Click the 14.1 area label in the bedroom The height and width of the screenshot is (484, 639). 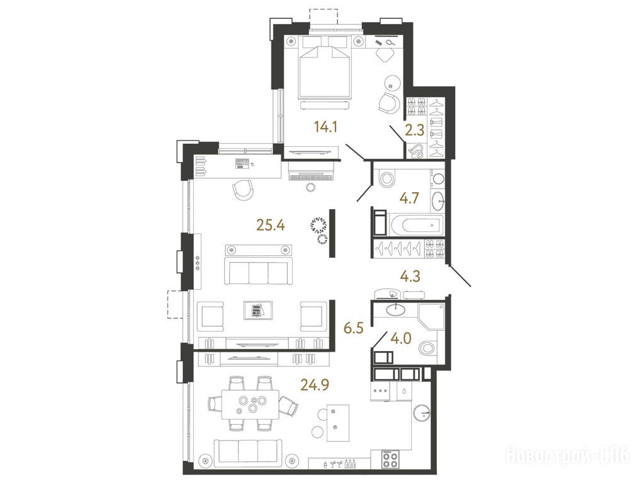[326, 128]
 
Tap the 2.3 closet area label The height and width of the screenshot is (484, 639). [415, 131]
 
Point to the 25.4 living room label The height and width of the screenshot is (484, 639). [271, 224]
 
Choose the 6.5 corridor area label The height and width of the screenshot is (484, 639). [353, 328]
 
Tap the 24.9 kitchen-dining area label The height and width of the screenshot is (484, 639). [315, 384]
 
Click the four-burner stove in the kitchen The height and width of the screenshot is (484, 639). [391, 459]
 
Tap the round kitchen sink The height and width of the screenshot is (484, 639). [422, 413]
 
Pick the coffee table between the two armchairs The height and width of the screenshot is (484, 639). [258, 311]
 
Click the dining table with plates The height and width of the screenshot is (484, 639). [251, 404]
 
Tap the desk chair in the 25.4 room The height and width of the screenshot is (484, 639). [243, 190]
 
